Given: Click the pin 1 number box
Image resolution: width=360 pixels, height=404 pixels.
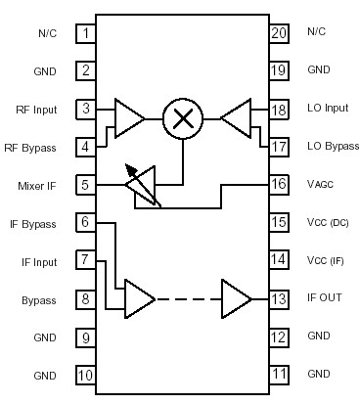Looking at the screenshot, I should tap(87, 34).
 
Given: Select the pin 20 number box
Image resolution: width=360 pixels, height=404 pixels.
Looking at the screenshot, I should tap(279, 34).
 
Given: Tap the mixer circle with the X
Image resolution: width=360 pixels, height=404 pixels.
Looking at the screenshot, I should tap(181, 119).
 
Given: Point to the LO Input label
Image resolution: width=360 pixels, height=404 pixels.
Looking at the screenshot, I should tap(327, 110).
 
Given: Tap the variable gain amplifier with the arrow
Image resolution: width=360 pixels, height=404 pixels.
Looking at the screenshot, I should tap(144, 184).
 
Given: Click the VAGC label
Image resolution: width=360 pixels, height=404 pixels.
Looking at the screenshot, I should tap(321, 184).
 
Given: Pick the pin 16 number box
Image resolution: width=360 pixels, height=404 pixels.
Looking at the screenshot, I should tap(279, 184).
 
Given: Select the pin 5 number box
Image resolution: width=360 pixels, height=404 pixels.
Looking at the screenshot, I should tap(87, 184).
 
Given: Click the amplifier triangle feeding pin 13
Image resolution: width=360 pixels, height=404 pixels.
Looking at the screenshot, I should tap(236, 297).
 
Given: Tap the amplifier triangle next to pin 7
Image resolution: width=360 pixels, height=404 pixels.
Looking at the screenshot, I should tap(139, 297).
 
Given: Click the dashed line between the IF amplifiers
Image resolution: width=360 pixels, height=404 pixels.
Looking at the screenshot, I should tap(188, 297).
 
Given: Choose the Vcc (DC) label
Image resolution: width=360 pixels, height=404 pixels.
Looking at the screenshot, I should tap(326, 223).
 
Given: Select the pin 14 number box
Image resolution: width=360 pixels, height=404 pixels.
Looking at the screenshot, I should tap(279, 260).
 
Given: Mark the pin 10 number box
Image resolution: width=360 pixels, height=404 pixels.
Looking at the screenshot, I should tap(87, 375).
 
